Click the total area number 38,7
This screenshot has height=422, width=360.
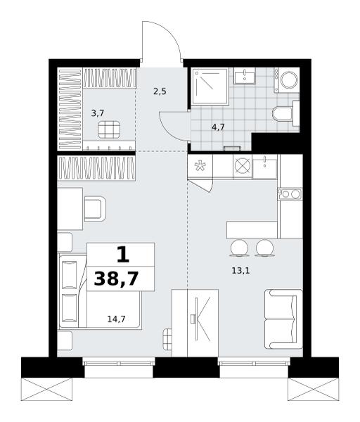(x=116, y=279)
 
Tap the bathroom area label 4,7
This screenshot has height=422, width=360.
(x=218, y=127)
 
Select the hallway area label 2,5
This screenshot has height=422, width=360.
(x=160, y=91)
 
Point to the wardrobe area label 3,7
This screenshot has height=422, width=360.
(x=98, y=113)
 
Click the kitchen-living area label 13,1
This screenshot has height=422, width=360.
(x=240, y=271)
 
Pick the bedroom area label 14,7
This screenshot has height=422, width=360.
(x=116, y=319)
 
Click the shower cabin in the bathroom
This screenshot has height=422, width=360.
(x=210, y=86)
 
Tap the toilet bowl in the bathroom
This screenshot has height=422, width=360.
(x=282, y=114)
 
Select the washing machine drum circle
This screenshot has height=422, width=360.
(x=289, y=80)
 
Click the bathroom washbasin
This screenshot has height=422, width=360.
(x=244, y=76)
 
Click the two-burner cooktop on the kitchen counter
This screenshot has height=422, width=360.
(x=290, y=194)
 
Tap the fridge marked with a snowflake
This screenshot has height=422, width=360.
(x=200, y=166)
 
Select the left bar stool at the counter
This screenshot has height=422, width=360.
(x=239, y=248)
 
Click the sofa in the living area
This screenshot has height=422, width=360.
(x=283, y=319)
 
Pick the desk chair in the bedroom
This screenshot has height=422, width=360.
(x=95, y=209)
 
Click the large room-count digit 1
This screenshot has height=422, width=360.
(x=123, y=255)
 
